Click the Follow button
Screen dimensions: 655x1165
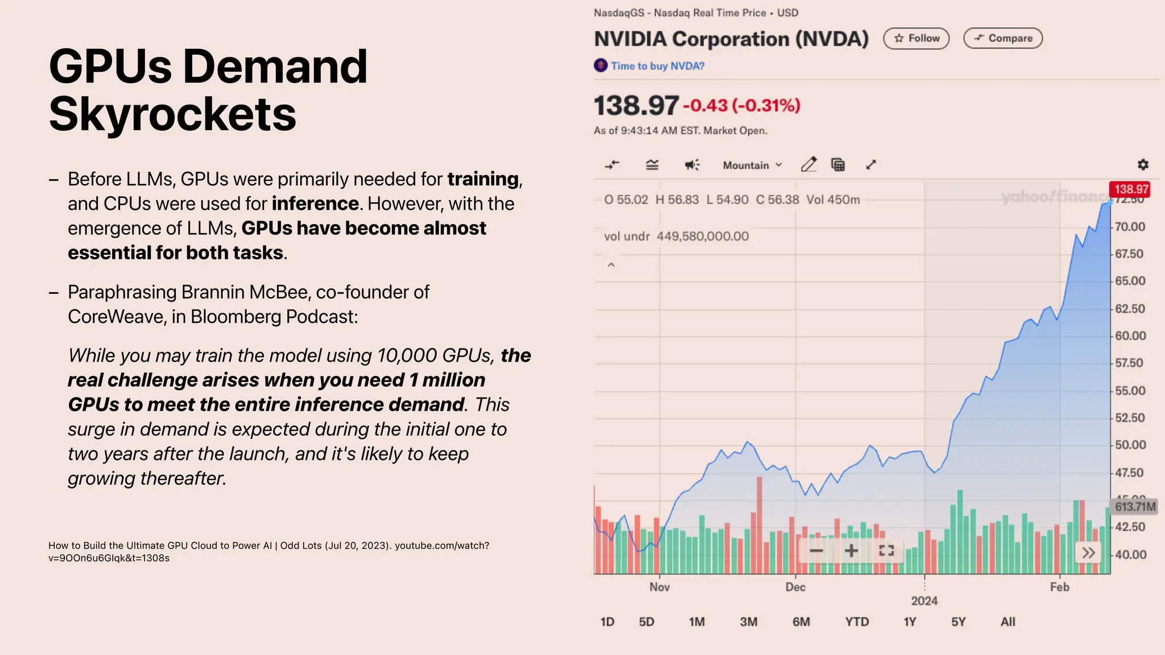pyautogui.click(x=916, y=38)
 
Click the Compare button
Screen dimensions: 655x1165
pyautogui.click(x=1002, y=38)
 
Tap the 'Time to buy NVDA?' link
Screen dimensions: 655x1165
pyautogui.click(x=657, y=66)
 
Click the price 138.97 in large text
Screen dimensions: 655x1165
pyautogui.click(x=636, y=106)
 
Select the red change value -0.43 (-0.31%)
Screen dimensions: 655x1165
pyautogui.click(x=742, y=106)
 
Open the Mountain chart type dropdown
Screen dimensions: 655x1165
pyautogui.click(x=752, y=165)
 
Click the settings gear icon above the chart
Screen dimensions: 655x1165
pyautogui.click(x=1143, y=165)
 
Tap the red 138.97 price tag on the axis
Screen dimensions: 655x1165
pyautogui.click(x=1130, y=189)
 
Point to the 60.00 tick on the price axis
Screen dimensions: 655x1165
pyautogui.click(x=1130, y=336)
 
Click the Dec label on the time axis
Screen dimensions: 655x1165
pyautogui.click(x=795, y=587)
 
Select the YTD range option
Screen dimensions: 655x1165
pyautogui.click(x=857, y=622)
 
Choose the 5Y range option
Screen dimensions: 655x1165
pyautogui.click(x=958, y=622)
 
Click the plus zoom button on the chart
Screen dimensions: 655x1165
pyautogui.click(x=851, y=550)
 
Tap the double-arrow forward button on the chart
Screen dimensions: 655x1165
pyautogui.click(x=1088, y=553)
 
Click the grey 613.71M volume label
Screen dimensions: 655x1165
pyautogui.click(x=1135, y=507)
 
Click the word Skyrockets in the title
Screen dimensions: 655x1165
pyautogui.click(x=172, y=114)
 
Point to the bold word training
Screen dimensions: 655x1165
pyautogui.click(x=483, y=179)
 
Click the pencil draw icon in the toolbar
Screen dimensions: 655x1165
pyautogui.click(x=808, y=165)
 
